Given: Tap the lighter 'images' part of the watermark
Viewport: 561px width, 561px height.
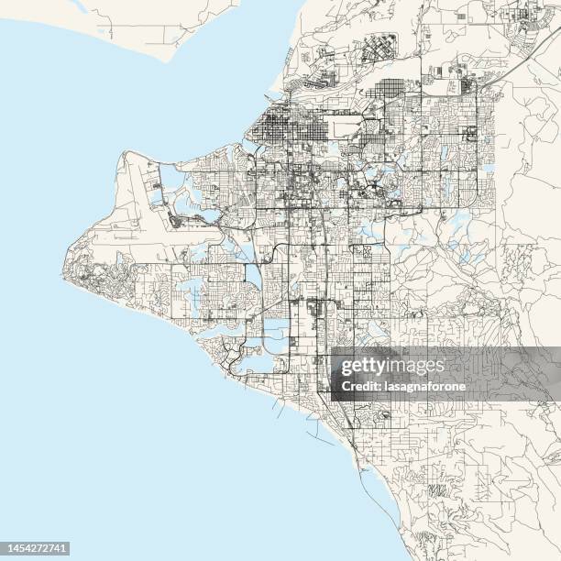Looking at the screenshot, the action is point(416,367).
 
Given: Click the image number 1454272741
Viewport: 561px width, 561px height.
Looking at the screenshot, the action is point(36,547).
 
